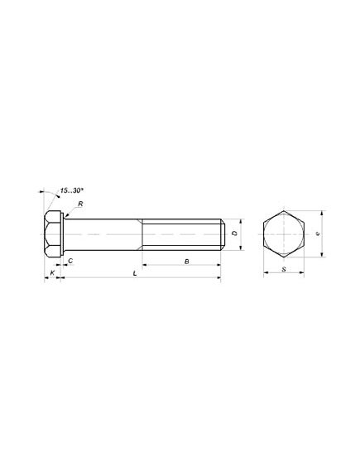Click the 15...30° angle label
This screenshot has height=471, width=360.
point(71,190)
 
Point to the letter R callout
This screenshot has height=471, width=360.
point(80,204)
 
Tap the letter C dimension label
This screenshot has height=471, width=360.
point(70,261)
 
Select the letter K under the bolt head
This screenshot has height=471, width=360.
point(52,272)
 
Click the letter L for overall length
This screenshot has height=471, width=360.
point(135,273)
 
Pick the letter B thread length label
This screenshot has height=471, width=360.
point(187,262)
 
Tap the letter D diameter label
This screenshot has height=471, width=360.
point(235,233)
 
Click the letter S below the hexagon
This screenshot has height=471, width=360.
point(284,269)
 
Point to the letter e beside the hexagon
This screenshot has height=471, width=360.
point(318,233)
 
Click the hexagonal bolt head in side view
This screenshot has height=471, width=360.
point(52,234)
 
